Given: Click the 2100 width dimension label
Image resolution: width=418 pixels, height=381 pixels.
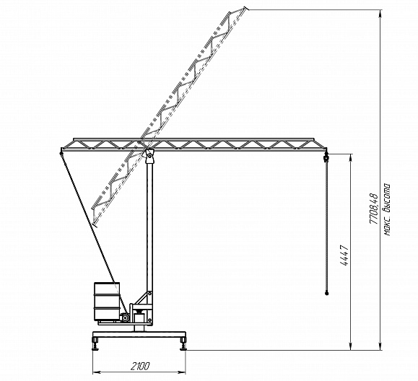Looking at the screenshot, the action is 140,367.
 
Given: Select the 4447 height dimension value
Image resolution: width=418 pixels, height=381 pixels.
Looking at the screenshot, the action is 344,255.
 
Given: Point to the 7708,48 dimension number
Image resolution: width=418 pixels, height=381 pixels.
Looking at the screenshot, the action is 373,209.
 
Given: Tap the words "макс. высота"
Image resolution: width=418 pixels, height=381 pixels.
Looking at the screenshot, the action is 387,209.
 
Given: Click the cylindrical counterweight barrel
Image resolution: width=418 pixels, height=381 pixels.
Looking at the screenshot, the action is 107,301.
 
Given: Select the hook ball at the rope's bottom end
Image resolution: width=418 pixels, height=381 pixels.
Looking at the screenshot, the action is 326,294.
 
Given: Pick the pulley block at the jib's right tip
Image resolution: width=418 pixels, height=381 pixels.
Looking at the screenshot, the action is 326,158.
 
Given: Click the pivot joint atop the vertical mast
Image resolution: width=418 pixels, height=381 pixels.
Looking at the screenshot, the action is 149,156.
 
